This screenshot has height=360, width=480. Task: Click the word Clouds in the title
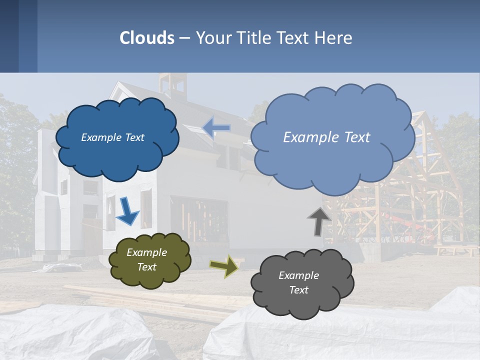[x=147, y=38]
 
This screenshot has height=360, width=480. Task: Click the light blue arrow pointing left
[x=216, y=128]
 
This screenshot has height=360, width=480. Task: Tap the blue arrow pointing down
[x=127, y=210]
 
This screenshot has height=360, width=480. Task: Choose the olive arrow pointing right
[x=224, y=265]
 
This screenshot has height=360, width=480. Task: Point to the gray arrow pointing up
[x=319, y=221]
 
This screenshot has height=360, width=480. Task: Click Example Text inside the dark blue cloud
[x=112, y=137]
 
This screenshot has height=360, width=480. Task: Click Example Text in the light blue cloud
[x=326, y=137]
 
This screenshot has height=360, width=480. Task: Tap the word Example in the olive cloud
[x=146, y=252]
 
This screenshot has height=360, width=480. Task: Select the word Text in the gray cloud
[x=298, y=290]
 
